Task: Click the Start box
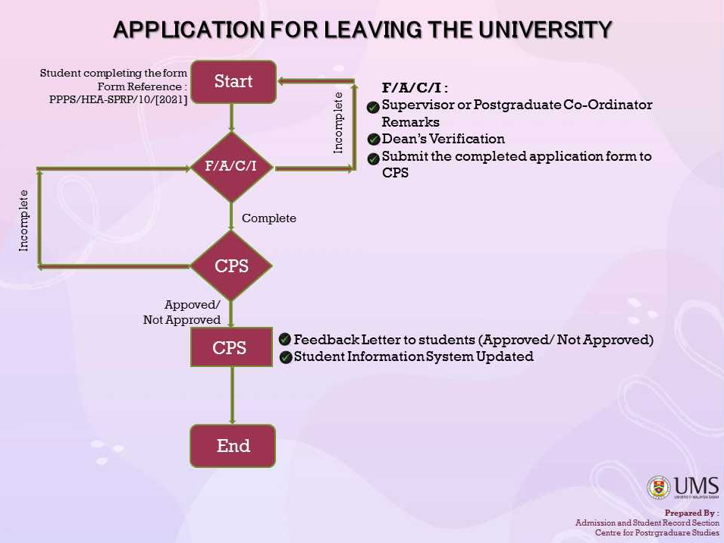233,82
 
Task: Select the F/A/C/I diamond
232,167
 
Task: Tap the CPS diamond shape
231,266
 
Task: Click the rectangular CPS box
230,348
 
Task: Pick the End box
233,446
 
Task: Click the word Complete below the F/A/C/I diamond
269,218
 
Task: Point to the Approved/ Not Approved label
183,312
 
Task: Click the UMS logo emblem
659,488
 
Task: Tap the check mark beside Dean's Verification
374,140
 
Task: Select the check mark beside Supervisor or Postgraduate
373,108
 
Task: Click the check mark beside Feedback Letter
285,339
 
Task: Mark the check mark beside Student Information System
286,357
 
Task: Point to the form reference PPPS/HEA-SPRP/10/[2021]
118,99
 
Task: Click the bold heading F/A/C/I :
415,88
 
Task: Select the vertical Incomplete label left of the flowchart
24,220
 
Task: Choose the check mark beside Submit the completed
374,159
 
